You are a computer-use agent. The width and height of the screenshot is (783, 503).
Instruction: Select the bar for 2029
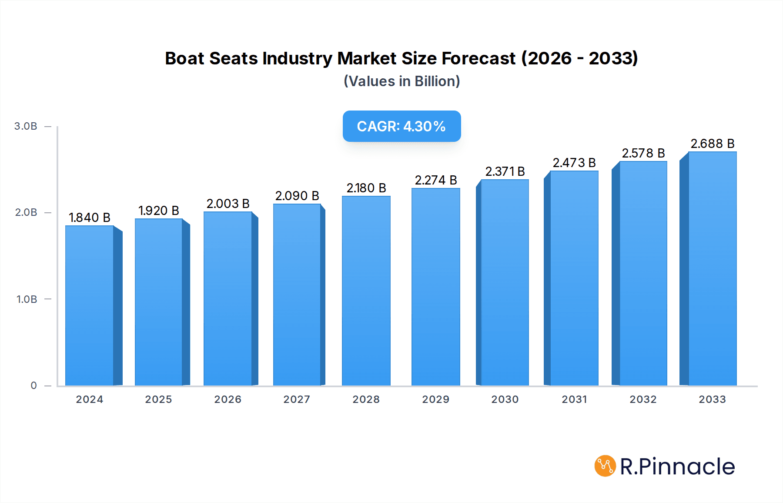[435, 287]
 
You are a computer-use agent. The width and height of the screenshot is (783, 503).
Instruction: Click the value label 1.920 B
[159, 211]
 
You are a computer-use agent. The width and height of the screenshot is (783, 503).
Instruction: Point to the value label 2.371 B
[505, 171]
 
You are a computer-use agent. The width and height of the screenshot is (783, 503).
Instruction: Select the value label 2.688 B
[712, 144]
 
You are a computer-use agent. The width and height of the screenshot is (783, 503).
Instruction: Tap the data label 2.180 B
[366, 188]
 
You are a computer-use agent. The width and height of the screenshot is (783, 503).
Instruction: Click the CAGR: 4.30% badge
[402, 126]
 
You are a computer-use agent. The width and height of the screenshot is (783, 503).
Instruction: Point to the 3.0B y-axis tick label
[26, 126]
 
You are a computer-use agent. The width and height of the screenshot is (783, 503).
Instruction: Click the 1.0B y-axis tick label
[27, 299]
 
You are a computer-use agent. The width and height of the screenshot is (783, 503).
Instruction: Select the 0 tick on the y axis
[33, 386]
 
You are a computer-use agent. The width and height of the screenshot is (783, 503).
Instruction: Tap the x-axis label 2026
[228, 399]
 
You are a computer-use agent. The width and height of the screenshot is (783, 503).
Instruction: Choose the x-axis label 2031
[574, 399]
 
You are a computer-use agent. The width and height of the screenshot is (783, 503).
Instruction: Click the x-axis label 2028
[366, 399]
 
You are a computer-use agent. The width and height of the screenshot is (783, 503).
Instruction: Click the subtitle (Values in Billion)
[402, 81]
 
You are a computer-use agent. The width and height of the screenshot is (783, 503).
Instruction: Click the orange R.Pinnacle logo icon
[605, 466]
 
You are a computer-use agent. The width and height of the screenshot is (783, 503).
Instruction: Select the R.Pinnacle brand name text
[677, 466]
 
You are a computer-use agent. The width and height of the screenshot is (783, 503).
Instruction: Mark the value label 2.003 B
[228, 204]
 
